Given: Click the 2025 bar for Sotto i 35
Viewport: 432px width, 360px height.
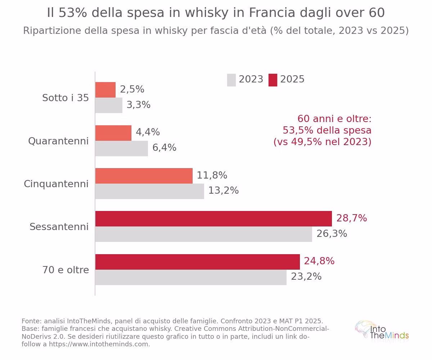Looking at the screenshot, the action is [x=105, y=90].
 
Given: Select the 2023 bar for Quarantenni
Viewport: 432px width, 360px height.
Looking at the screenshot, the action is [x=122, y=149].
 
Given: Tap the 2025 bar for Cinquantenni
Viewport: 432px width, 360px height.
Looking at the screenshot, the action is [x=144, y=176].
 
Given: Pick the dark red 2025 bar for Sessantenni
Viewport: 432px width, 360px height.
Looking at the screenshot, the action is [x=213, y=219].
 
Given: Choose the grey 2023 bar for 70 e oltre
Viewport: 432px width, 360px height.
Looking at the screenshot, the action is [x=191, y=277].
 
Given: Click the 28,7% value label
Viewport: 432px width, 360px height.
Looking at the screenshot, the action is [x=351, y=218].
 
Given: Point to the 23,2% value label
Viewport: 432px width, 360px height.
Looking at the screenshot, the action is [x=306, y=276].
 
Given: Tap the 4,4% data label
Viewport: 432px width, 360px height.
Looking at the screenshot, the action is [x=148, y=132].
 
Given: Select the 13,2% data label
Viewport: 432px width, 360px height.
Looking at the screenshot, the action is [x=224, y=190].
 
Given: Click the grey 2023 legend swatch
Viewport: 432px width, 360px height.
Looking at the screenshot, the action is [x=231, y=80].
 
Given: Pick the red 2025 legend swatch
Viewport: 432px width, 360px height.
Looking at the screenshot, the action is [x=273, y=80].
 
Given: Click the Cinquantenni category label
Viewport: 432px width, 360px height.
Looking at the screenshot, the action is [x=56, y=184].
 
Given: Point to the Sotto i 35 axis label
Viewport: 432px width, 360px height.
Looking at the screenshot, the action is [x=66, y=98].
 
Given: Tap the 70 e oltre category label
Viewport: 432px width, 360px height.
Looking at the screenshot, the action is [x=66, y=270].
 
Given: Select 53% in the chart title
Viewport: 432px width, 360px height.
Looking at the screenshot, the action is [x=73, y=13].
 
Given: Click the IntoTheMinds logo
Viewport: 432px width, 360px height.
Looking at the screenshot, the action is [x=382, y=332].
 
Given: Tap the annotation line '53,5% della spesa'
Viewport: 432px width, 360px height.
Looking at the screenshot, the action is [x=327, y=130].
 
